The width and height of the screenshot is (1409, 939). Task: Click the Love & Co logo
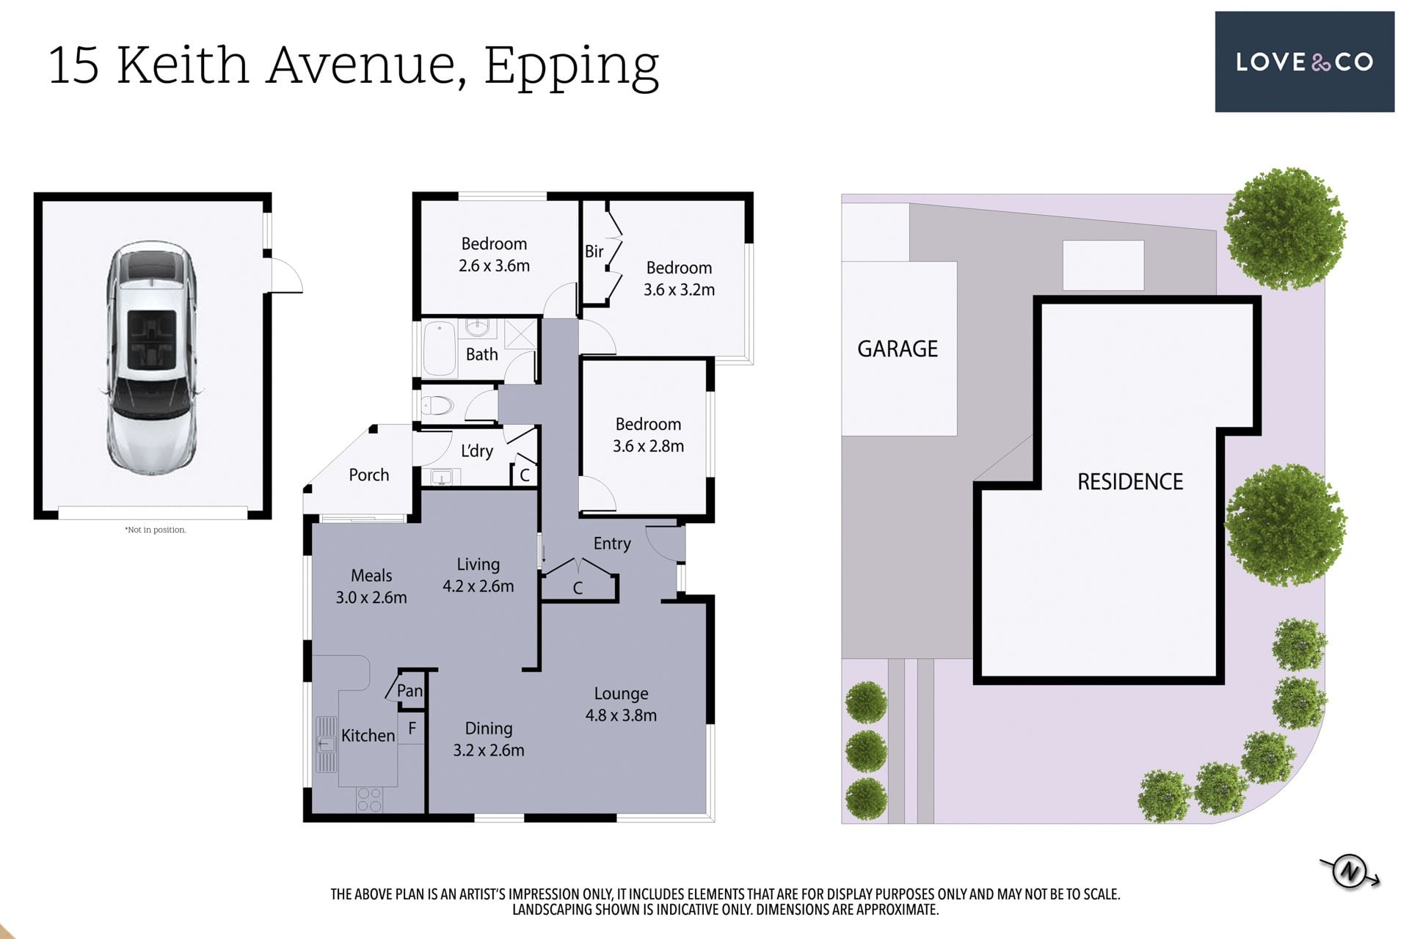(1304, 62)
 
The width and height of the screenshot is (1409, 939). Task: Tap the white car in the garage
(153, 358)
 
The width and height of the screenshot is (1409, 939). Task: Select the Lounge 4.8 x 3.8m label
(621, 704)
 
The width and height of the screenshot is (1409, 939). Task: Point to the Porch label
(368, 475)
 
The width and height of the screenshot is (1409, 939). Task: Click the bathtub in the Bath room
(440, 349)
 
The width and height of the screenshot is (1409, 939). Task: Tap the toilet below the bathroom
(437, 405)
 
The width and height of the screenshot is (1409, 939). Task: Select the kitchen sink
(326, 744)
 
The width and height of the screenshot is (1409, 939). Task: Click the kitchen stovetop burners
(369, 800)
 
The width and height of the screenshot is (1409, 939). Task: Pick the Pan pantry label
(409, 690)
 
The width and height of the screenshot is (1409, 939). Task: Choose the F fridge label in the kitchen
(412, 728)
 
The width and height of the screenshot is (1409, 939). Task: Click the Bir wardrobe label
(594, 251)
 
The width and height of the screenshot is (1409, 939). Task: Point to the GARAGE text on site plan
(898, 348)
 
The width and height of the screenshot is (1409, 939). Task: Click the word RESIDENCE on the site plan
(1130, 481)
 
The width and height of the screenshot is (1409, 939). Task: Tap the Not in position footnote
(155, 530)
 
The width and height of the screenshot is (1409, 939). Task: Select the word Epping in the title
(571, 67)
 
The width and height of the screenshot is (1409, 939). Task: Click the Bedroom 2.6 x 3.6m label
(494, 255)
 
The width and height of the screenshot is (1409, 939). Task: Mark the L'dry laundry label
(476, 450)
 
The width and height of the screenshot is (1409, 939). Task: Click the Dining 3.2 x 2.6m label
(488, 739)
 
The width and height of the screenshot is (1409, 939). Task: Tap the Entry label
(612, 544)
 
